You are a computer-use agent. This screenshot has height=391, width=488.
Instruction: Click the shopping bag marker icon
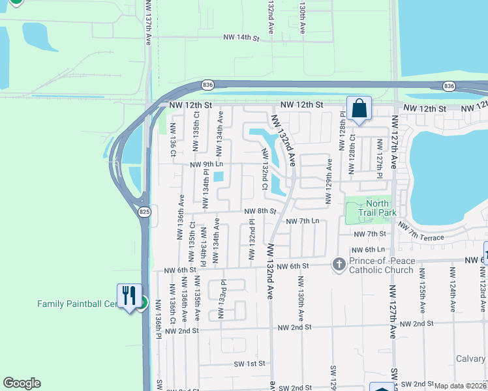tap(359, 109)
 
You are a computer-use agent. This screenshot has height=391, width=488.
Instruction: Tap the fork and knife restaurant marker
tap(129, 296)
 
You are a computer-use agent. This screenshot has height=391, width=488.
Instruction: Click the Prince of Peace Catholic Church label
tap(382, 266)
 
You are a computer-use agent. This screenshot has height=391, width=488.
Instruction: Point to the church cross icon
tap(338, 264)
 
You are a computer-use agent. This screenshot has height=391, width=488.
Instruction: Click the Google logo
tap(22, 383)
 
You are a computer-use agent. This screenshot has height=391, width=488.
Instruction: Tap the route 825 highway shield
tap(145, 212)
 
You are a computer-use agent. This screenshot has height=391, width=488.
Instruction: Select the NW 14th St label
tap(241, 38)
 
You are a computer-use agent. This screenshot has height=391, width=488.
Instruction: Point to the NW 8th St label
tap(260, 211)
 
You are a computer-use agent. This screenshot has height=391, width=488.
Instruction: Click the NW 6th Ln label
tap(367, 250)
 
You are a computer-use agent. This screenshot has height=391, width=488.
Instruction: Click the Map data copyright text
tap(460, 386)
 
